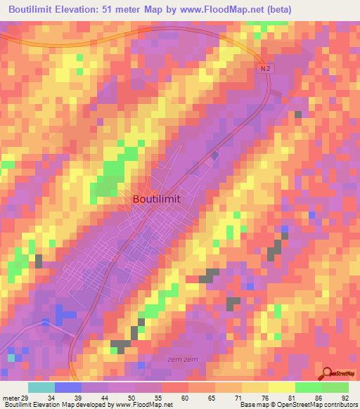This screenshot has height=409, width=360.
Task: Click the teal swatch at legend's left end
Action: coord(41,388)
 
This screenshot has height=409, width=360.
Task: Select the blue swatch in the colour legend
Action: coord(68,388)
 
